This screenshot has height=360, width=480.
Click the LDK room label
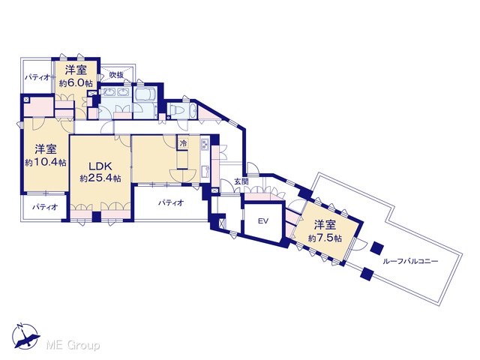click(x=100, y=166)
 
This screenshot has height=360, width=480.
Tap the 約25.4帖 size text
click(x=100, y=178)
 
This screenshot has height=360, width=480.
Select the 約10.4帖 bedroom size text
click(x=46, y=163)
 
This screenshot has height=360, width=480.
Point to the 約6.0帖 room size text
click(x=76, y=83)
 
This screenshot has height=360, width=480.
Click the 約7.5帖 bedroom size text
click(x=325, y=238)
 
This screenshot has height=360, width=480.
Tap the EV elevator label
click(x=263, y=221)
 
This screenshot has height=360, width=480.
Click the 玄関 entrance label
click(x=241, y=181)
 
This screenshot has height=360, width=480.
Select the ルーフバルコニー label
click(x=410, y=262)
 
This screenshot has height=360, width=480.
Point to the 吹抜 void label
click(x=117, y=74)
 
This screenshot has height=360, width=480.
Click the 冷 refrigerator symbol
click(x=183, y=143)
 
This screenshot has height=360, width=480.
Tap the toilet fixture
click(x=175, y=110)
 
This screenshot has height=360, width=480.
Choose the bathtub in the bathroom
click(x=145, y=94)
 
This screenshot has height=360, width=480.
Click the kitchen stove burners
click(x=205, y=144)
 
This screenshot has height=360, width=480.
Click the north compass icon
click(x=25, y=337)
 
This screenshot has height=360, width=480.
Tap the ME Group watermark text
click(x=73, y=346)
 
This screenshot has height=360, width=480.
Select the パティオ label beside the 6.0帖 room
click(x=37, y=77)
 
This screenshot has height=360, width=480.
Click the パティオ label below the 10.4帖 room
click(x=45, y=207)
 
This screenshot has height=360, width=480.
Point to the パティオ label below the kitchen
click(x=171, y=202)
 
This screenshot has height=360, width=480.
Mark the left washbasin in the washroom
click(x=109, y=92)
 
